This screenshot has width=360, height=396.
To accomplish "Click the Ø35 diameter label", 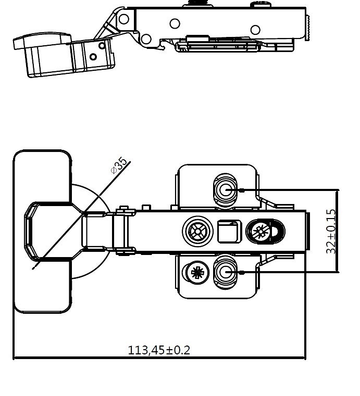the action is click(x=119, y=165).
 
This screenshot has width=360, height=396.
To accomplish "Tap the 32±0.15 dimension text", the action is click(x=331, y=231).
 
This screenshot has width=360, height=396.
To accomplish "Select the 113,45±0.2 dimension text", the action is click(x=159, y=350).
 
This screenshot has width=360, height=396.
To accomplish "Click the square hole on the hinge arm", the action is click(x=229, y=232).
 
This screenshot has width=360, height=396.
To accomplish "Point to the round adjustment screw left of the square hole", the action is click(x=197, y=232).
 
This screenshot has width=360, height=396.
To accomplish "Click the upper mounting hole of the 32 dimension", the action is click(x=225, y=189).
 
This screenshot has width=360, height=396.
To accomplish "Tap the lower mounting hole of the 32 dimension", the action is click(x=225, y=272).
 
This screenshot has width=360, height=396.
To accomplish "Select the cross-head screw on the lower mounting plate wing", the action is click(x=197, y=272).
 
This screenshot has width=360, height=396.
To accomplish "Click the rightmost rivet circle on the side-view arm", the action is click(x=255, y=30).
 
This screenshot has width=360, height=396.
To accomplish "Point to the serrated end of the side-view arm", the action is click(x=308, y=28).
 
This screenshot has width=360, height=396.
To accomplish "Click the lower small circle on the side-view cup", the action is click(x=93, y=57).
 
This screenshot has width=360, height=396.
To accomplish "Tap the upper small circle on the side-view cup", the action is click(x=102, y=46).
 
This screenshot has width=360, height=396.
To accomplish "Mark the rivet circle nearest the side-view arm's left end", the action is click(x=123, y=19).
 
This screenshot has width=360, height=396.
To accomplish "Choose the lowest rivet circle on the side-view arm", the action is click(x=146, y=39).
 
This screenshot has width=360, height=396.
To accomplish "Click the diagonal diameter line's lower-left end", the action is click(x=32, y=269).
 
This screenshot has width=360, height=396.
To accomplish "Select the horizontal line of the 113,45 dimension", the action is click(x=159, y=357).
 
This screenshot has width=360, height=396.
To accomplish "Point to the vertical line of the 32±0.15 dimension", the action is click(x=337, y=231).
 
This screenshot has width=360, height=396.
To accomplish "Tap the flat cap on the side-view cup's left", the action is click(x=42, y=41).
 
